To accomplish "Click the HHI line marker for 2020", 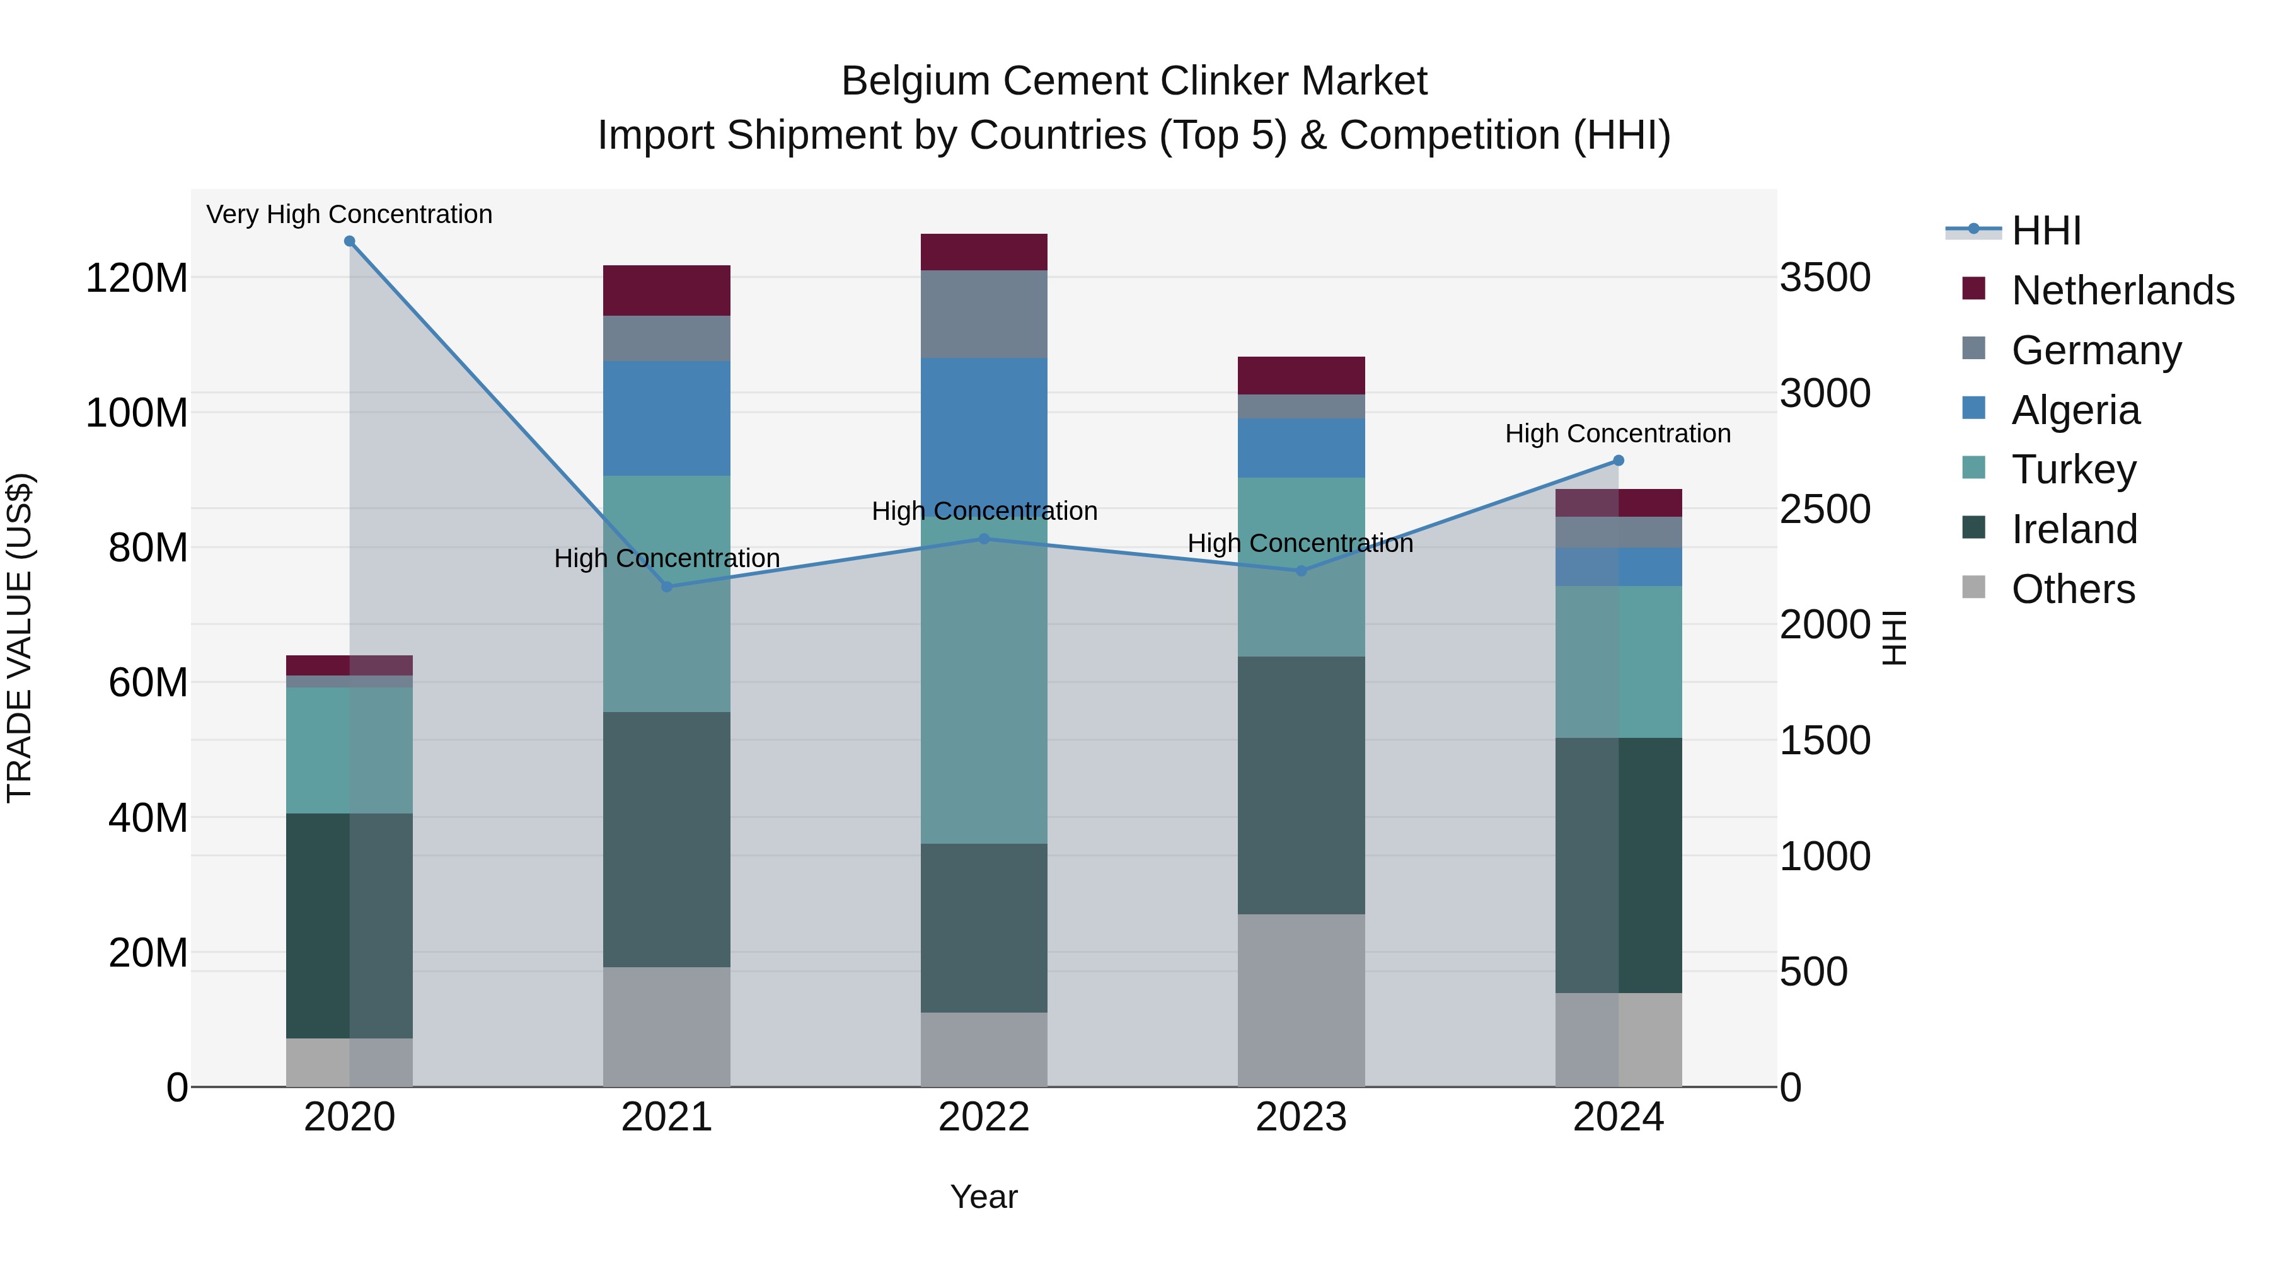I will [x=350, y=241].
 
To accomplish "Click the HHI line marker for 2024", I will [x=1618, y=461].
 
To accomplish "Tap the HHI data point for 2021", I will [x=667, y=587].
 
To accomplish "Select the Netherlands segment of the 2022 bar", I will [x=984, y=252].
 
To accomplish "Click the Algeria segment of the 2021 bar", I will [x=667, y=418].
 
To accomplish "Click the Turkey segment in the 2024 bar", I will [x=1618, y=662].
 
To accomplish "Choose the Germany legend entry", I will [x=2096, y=350].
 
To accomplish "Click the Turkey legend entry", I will [x=2074, y=469].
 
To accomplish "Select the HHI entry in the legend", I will [x=2045, y=231].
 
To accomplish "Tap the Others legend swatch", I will [x=1974, y=587].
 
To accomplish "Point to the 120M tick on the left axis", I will [x=137, y=279].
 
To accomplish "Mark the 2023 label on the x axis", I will [x=1301, y=1117].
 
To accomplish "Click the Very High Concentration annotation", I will [x=350, y=214].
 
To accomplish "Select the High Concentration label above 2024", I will [x=1618, y=434].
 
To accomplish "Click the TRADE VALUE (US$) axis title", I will [x=20, y=638].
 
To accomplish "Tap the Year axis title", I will [x=984, y=1197].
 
